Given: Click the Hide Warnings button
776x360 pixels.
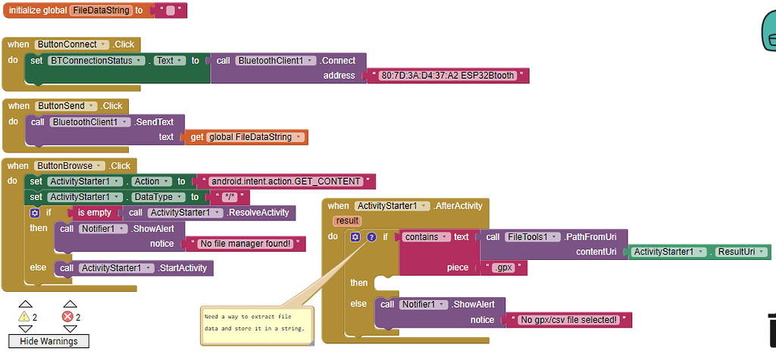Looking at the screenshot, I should (48, 341).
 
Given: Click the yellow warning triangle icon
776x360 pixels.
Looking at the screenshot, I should (24, 317).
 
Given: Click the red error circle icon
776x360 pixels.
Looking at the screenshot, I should (68, 317).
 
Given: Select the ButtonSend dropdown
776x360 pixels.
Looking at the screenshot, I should (66, 106).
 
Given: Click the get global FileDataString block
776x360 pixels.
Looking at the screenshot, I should (246, 137).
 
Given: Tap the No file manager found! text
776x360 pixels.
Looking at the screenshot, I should (244, 244).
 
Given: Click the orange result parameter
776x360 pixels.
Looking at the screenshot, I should (346, 221).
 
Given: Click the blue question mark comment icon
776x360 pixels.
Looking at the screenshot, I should (371, 237).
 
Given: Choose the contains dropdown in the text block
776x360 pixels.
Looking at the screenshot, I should (426, 237).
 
